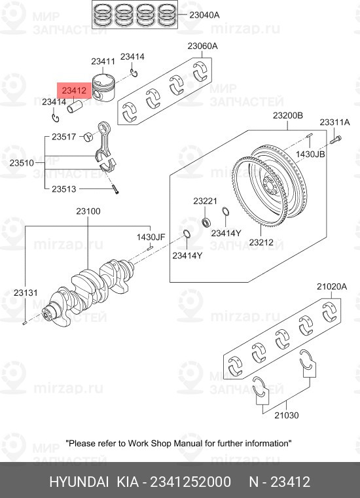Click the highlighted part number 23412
pyautogui.click(x=74, y=90)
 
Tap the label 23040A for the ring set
pyautogui.click(x=204, y=15)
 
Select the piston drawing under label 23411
pyautogui.click(x=103, y=88)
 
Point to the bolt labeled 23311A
pyautogui.click(x=336, y=139)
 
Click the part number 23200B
pyautogui.click(x=288, y=116)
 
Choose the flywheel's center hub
pyautogui.click(x=270, y=184)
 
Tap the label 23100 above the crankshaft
pyautogui.click(x=88, y=211)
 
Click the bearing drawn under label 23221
pyautogui.click(x=207, y=222)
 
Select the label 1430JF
pyautogui.click(x=151, y=237)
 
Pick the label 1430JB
pyautogui.click(x=310, y=154)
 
